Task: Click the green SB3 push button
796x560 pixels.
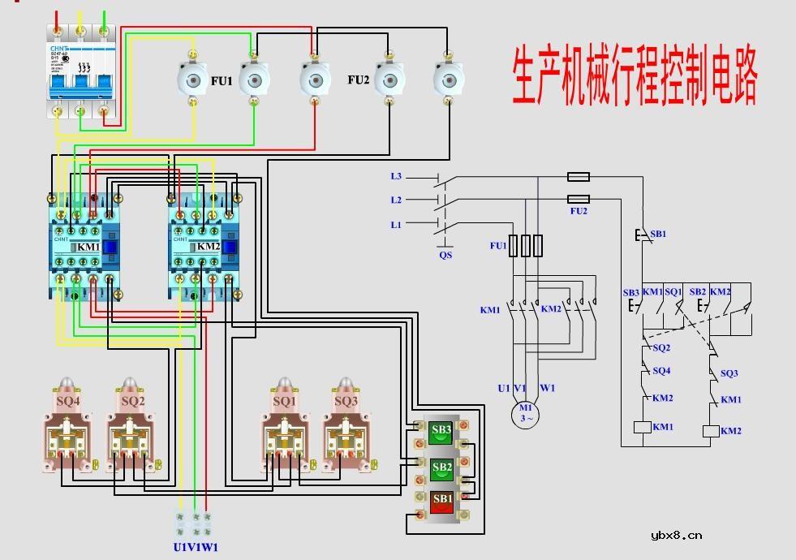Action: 442,432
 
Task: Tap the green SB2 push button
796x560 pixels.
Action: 442,468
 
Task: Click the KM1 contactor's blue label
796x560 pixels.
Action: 88,247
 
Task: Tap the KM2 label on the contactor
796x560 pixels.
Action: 208,247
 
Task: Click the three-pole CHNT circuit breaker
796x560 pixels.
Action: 80,71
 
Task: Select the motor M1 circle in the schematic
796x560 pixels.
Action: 526,414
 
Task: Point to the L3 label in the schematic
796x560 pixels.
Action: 396,176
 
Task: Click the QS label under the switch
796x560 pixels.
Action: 445,255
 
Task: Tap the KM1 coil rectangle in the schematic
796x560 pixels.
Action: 641,428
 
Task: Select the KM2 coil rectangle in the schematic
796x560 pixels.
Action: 710,431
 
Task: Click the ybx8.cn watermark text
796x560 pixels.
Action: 677,536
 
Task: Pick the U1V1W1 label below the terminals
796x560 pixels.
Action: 196,547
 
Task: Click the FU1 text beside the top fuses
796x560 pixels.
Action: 222,81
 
